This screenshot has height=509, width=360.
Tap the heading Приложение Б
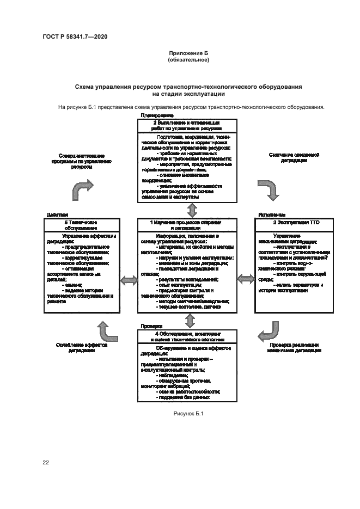tap(188, 53)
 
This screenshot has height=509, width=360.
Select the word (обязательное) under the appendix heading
tap(188, 59)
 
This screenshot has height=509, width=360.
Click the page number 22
tap(46, 462)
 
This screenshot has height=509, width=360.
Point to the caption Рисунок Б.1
tap(188, 414)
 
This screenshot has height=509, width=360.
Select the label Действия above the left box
tap(57, 214)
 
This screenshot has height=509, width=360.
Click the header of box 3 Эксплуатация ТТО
tap(290, 223)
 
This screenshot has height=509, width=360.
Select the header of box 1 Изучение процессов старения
tap(187, 226)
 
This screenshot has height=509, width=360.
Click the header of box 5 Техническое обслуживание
tap(81, 225)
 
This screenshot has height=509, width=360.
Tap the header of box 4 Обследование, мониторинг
tap(187, 335)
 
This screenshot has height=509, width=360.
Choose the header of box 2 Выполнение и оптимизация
tap(187, 125)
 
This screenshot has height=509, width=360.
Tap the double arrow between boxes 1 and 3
tap(246, 278)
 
